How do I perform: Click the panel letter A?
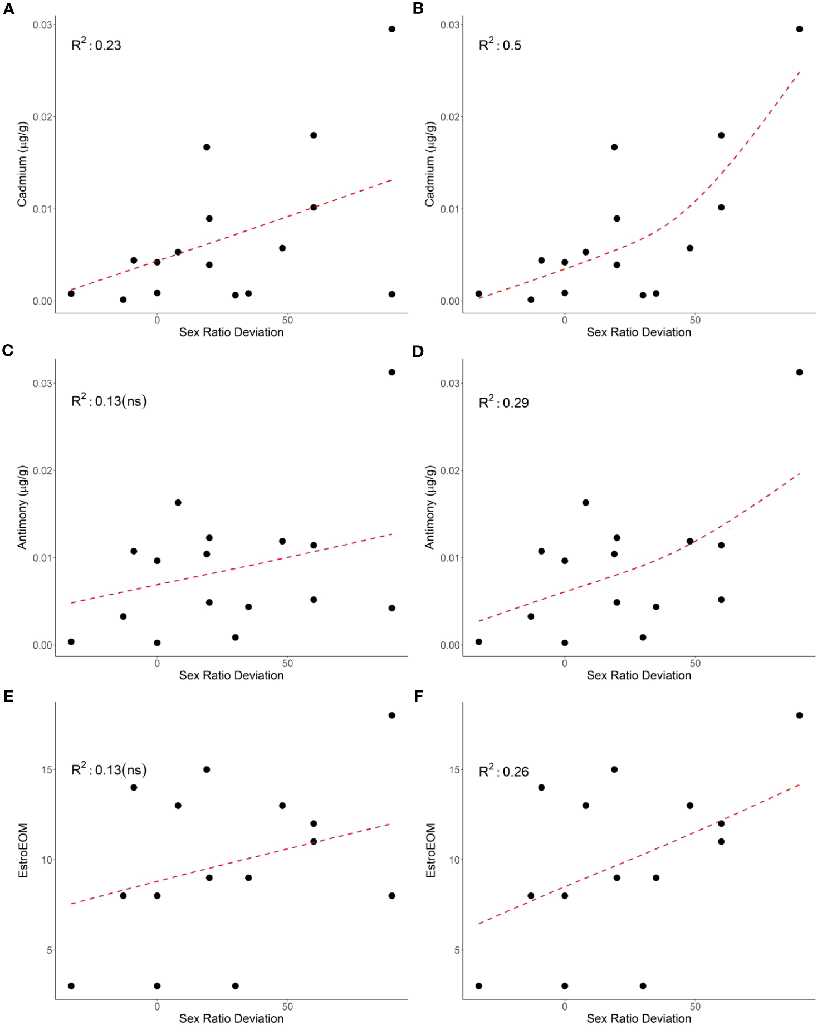tap(8, 9)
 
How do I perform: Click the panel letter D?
tap(418, 351)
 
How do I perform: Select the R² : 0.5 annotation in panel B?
tap(500, 45)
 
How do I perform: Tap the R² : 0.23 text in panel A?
tap(96, 45)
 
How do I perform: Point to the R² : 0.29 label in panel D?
tap(503, 402)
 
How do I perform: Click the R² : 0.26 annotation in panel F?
tap(503, 771)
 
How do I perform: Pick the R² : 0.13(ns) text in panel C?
tap(109, 400)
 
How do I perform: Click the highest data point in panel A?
tap(392, 29)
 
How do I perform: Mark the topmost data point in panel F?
tap(799, 715)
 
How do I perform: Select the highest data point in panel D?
tap(799, 372)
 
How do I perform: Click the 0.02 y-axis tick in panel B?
tap(450, 117)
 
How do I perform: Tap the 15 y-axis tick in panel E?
tap(47, 769)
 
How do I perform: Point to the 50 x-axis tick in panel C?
tap(287, 663)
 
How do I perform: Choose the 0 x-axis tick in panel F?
tap(565, 1007)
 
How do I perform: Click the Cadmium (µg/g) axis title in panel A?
tap(22, 164)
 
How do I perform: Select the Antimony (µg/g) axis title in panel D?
tap(429, 507)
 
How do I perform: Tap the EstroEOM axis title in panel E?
tap(23, 850)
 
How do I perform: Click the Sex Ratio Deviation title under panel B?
tap(638, 332)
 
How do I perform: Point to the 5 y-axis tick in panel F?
tap(457, 950)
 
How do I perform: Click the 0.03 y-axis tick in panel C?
tap(42, 383)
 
